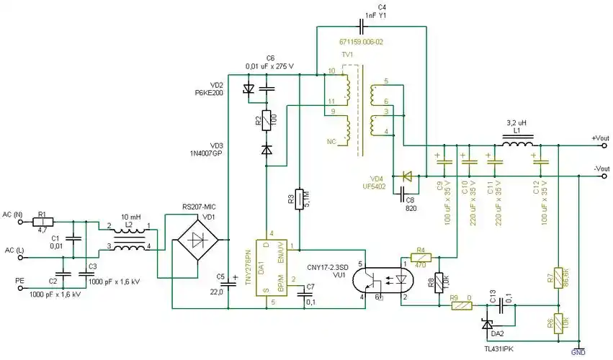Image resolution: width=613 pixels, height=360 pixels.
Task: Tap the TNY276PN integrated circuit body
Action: click(x=268, y=269)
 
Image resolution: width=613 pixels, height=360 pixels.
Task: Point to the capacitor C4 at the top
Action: click(x=362, y=27)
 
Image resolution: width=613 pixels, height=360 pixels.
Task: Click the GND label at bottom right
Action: click(x=578, y=352)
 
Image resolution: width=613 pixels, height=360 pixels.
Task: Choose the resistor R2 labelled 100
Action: click(x=267, y=120)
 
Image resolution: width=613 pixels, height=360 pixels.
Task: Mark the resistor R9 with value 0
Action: click(x=460, y=305)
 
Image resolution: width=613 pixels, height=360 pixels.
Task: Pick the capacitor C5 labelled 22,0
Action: click(x=228, y=284)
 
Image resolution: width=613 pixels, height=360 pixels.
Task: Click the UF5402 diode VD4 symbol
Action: click(x=408, y=175)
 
